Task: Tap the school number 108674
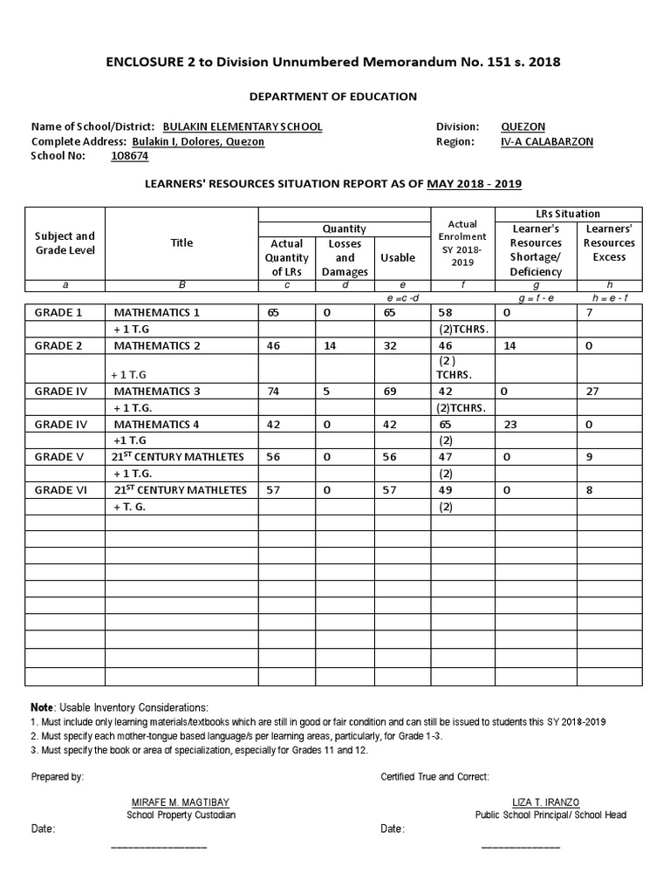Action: coord(130,156)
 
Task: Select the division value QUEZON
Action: coord(523,126)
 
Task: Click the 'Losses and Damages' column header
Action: coord(345,257)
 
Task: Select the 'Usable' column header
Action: coord(398,257)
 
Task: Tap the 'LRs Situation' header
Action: coord(568,214)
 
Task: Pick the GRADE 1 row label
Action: coord(58,312)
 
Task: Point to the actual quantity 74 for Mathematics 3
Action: coord(274,392)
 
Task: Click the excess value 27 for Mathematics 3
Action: coord(592,392)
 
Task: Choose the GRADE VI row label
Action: coord(60,491)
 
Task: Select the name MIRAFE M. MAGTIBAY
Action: coord(181,801)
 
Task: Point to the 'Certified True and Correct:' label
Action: coord(435,776)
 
